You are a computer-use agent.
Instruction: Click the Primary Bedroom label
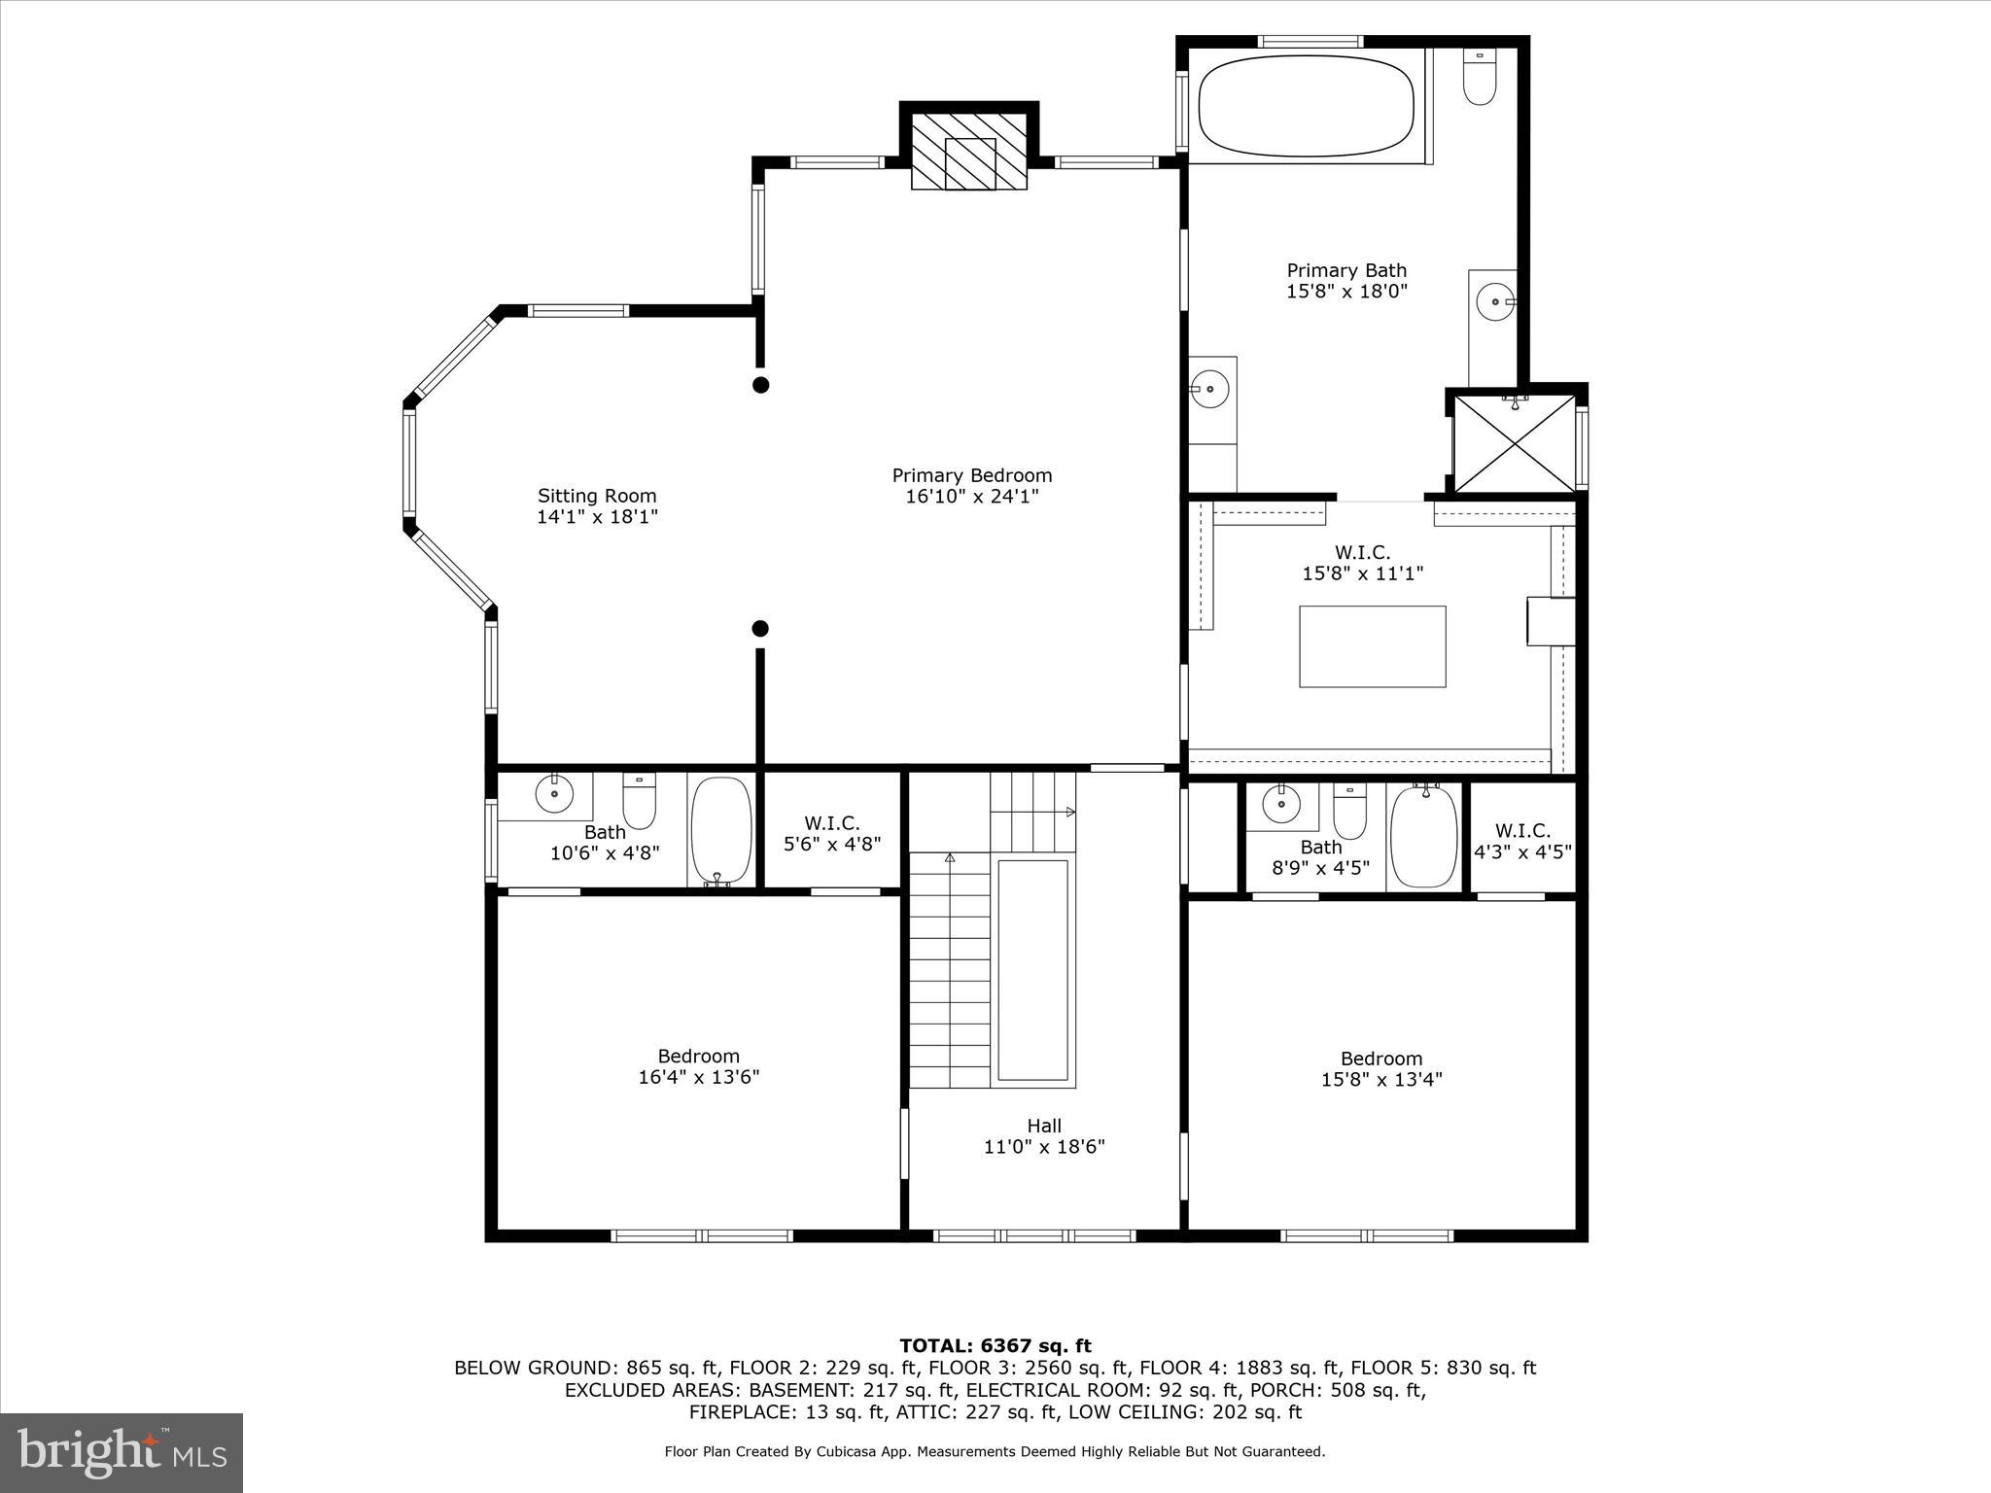tap(971, 475)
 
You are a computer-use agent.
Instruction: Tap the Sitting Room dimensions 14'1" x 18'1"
tap(597, 517)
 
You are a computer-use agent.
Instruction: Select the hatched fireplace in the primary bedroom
tap(969, 152)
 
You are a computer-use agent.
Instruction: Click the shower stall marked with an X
tap(1514, 443)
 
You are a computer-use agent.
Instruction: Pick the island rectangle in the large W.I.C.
tap(1372, 646)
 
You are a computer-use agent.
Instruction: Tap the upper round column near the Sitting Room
tap(761, 385)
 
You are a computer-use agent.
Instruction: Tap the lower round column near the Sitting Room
tap(760, 629)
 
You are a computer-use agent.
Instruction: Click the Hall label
tap(1044, 1126)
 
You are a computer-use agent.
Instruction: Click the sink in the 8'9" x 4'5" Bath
tap(1280, 804)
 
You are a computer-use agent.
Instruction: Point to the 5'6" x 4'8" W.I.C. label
tap(832, 834)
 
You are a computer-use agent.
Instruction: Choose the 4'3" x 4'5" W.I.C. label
tap(1522, 842)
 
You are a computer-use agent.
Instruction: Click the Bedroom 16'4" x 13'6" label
tap(698, 1066)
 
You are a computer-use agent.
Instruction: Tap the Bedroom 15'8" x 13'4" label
tap(1380, 1068)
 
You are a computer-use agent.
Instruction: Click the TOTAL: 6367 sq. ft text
tap(995, 1345)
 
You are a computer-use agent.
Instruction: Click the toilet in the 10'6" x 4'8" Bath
tap(639, 801)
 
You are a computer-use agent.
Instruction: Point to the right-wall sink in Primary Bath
tap(1493, 301)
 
